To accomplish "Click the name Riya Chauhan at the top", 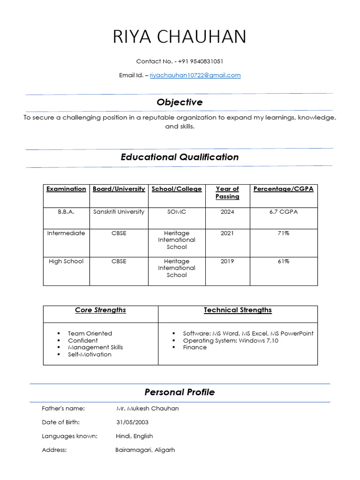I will click(x=180, y=37).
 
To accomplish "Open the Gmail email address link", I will click(x=195, y=75).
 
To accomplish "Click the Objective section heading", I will click(x=180, y=102).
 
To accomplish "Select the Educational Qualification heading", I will click(x=180, y=157).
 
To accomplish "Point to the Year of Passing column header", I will click(x=227, y=193).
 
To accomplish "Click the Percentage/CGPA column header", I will click(x=283, y=189).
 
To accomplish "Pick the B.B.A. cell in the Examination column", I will click(x=66, y=212).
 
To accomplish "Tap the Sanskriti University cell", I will click(x=119, y=212).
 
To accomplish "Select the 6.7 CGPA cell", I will click(x=283, y=212).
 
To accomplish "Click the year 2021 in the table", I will click(x=227, y=233).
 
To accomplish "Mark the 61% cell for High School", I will click(x=283, y=261).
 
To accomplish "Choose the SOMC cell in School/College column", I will click(x=177, y=212).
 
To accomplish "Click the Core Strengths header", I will click(x=100, y=310).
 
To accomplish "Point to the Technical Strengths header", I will click(x=238, y=310).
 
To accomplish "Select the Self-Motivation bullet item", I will click(x=90, y=354).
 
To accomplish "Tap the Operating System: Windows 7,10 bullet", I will click(x=230, y=340).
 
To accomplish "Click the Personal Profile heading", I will click(x=180, y=392).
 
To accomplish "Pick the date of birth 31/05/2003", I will click(x=132, y=422).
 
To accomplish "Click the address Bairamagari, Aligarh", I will click(x=145, y=450).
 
